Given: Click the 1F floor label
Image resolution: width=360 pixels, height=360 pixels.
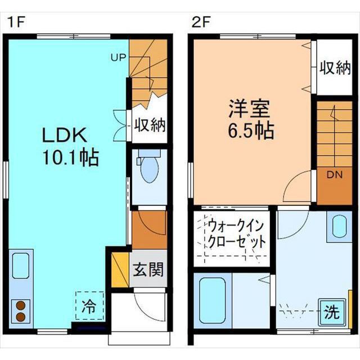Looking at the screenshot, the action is point(16,22).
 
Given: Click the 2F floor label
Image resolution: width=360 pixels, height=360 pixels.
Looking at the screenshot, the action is point(201,22).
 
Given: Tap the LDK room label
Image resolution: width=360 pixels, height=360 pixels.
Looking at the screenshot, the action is point(65,135).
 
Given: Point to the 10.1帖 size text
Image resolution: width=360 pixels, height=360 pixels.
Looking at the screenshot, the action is point(71,157).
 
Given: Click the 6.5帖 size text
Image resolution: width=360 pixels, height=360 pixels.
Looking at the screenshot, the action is point(251,131).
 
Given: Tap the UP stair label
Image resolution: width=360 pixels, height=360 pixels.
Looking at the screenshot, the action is point(119,57).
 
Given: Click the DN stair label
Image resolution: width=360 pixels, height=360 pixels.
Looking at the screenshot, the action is point(335,175).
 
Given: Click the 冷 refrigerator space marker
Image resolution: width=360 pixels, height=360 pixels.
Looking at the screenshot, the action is point(89,306).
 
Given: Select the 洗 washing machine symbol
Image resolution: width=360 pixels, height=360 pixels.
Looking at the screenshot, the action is point(332,312).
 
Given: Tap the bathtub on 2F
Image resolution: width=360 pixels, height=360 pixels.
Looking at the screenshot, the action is point(212,300).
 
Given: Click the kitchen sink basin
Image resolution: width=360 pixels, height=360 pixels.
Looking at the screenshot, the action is point(21,266).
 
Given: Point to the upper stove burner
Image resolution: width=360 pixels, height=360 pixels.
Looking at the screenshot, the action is point(21,305).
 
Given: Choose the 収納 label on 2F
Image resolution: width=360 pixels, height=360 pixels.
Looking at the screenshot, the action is point(335,67).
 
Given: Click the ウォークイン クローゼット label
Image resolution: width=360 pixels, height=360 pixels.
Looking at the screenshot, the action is point(236,233).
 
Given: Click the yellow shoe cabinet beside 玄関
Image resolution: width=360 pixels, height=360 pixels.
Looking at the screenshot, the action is point(120,269).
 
